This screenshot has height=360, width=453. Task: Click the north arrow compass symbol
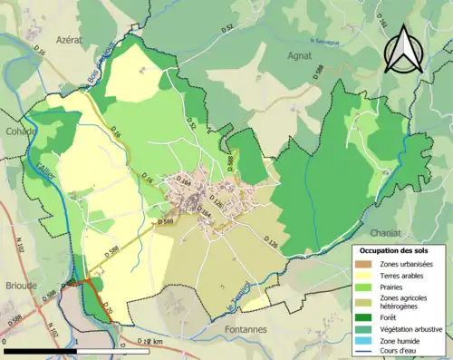tap(405, 49)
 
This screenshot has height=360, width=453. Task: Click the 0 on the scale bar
tap(5, 342)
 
